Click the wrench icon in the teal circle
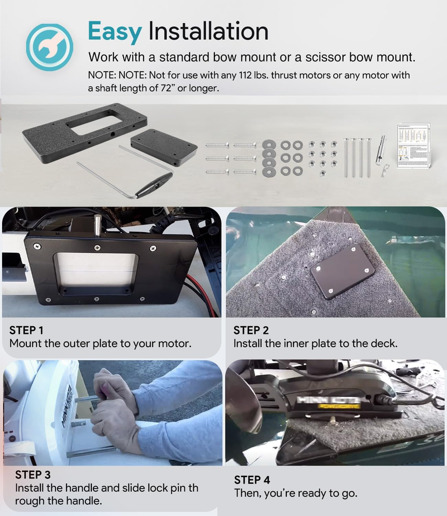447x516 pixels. point(49,47)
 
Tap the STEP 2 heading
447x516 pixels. point(251,330)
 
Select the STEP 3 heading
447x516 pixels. point(33,475)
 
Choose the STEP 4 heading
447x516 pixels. point(252,479)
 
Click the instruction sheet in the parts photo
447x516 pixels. point(414,146)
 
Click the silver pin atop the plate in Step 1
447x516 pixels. point(98,225)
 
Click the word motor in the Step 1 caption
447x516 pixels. point(172,343)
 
